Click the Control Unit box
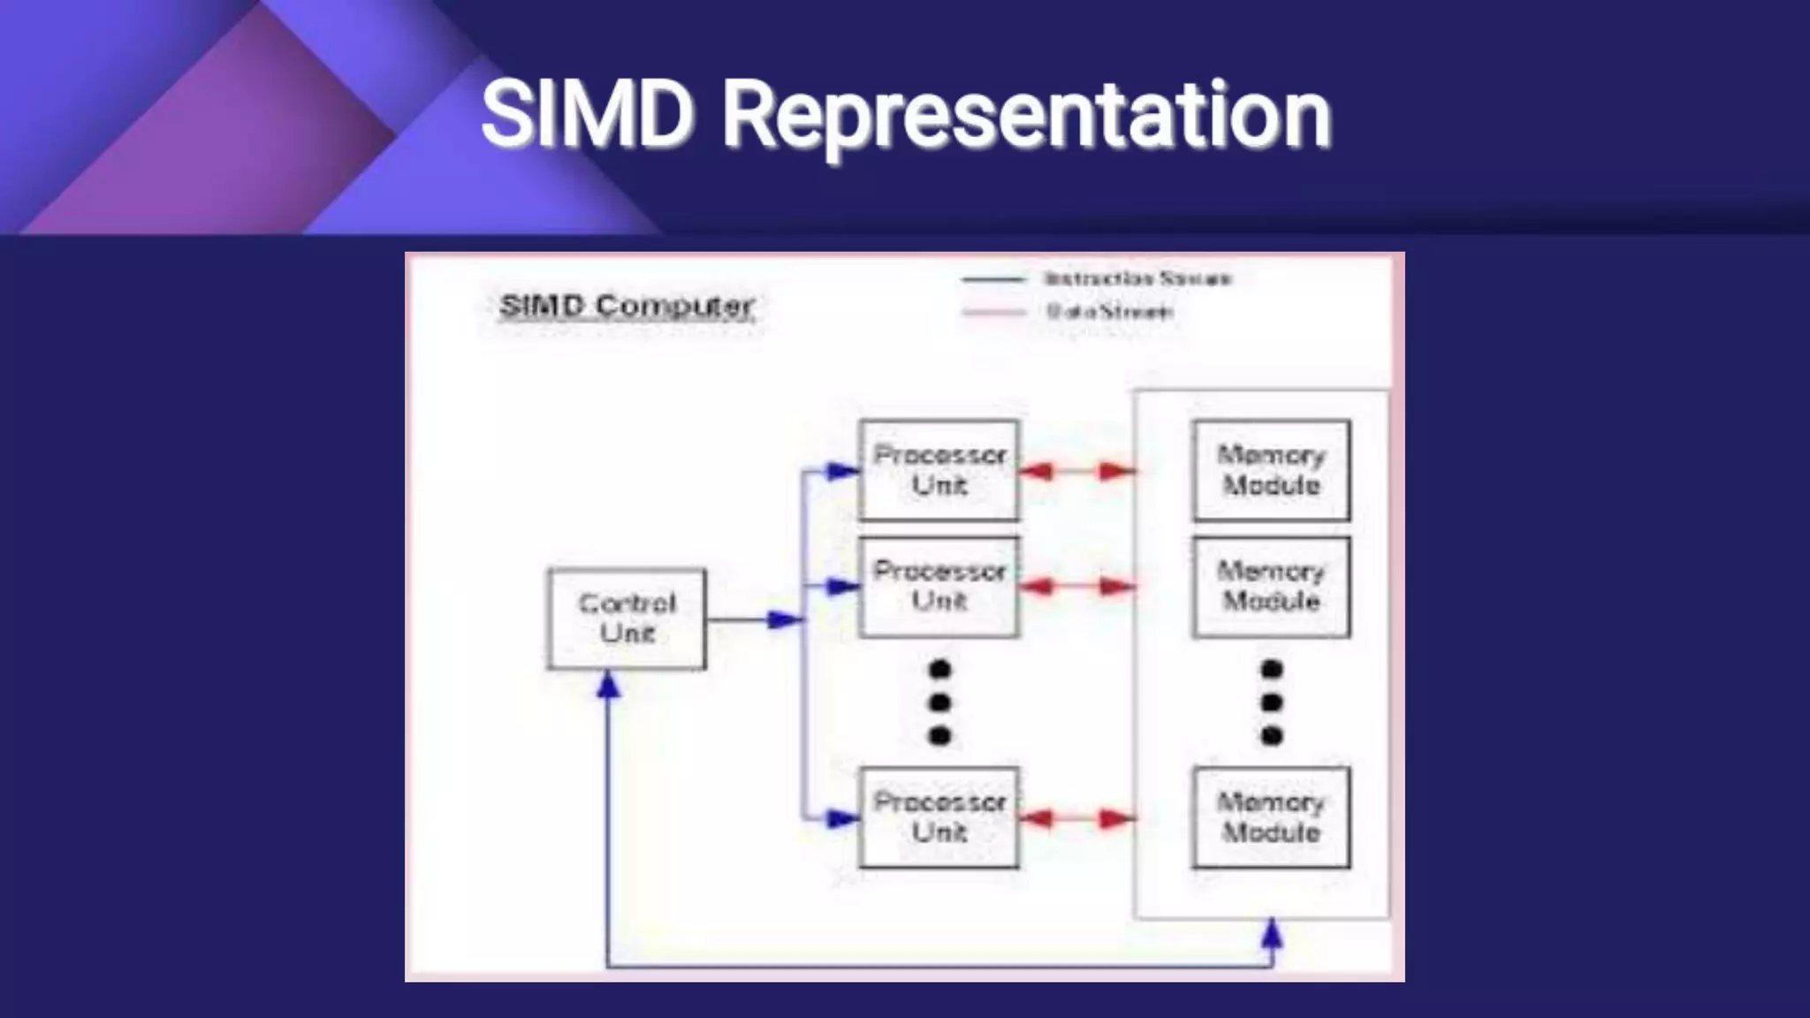click(627, 619)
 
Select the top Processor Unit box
click(939, 470)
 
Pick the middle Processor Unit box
click(939, 587)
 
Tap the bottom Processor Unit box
click(939, 817)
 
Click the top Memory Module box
click(1271, 470)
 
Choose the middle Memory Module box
click(1271, 587)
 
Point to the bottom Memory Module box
click(1271, 817)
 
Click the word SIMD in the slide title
click(587, 115)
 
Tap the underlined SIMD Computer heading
click(627, 306)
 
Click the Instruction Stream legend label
click(1137, 279)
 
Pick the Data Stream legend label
click(1110, 312)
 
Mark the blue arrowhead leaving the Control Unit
click(785, 619)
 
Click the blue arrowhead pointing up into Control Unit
click(608, 685)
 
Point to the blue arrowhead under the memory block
click(1272, 933)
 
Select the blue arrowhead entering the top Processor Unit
click(842, 471)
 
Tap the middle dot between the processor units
click(939, 703)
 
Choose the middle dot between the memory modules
click(1272, 703)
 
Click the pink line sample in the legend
click(994, 312)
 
